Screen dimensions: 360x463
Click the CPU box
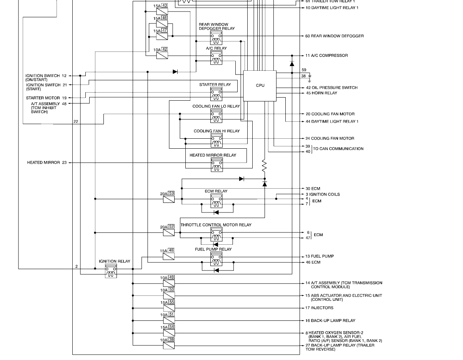click(260, 86)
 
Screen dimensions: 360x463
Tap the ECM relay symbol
click(216, 201)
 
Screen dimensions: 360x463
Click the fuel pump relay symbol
click(216, 259)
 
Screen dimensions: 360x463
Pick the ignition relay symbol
click(111, 270)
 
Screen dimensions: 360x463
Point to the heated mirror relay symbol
click(217, 165)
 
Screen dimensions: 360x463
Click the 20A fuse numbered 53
click(168, 199)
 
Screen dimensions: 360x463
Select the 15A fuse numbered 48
click(168, 256)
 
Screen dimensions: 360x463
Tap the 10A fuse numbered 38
click(169, 345)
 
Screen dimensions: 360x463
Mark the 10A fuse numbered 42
click(162, 55)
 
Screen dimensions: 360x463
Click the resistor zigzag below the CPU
click(264, 166)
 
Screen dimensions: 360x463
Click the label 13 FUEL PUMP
click(320, 256)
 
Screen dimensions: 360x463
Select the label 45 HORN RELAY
click(321, 93)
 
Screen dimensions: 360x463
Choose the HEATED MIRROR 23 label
click(47, 163)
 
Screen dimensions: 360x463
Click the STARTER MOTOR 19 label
click(46, 98)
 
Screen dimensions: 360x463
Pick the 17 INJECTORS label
click(320, 308)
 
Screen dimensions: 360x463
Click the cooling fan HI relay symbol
click(217, 141)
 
